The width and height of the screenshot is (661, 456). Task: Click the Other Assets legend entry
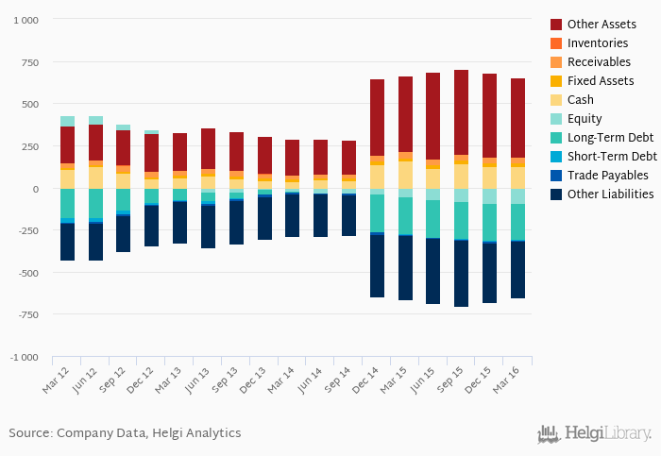(x=601, y=24)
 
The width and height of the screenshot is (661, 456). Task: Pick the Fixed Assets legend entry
(x=601, y=80)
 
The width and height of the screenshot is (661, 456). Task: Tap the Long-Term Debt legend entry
(x=610, y=138)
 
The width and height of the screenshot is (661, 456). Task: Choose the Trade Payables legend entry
(x=607, y=176)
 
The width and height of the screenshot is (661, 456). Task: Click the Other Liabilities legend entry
(x=611, y=194)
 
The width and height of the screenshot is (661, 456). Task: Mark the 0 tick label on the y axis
(x=34, y=189)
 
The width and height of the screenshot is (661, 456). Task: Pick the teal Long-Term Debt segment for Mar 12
(x=67, y=203)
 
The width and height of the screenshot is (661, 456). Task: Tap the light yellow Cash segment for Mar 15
(x=405, y=175)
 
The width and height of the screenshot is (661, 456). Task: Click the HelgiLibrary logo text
(x=607, y=433)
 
